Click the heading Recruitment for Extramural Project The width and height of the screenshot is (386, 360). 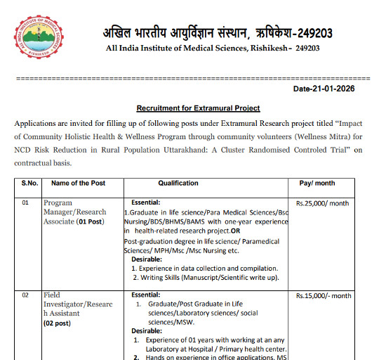(198, 108)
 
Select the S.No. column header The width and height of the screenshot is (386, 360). (30, 183)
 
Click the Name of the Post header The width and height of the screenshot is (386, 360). (79, 183)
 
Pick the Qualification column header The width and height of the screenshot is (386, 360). (178, 183)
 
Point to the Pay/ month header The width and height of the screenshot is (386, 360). (317, 183)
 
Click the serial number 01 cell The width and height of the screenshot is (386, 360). (25, 203)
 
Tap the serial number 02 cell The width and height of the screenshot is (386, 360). (25, 295)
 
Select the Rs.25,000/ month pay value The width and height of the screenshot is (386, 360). (323, 204)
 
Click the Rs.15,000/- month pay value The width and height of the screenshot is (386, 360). (324, 296)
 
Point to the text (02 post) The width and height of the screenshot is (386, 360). (61, 323)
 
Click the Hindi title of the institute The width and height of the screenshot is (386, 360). (218, 32)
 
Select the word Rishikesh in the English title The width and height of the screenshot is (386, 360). (262, 48)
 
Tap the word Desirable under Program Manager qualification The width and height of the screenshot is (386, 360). (147, 259)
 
